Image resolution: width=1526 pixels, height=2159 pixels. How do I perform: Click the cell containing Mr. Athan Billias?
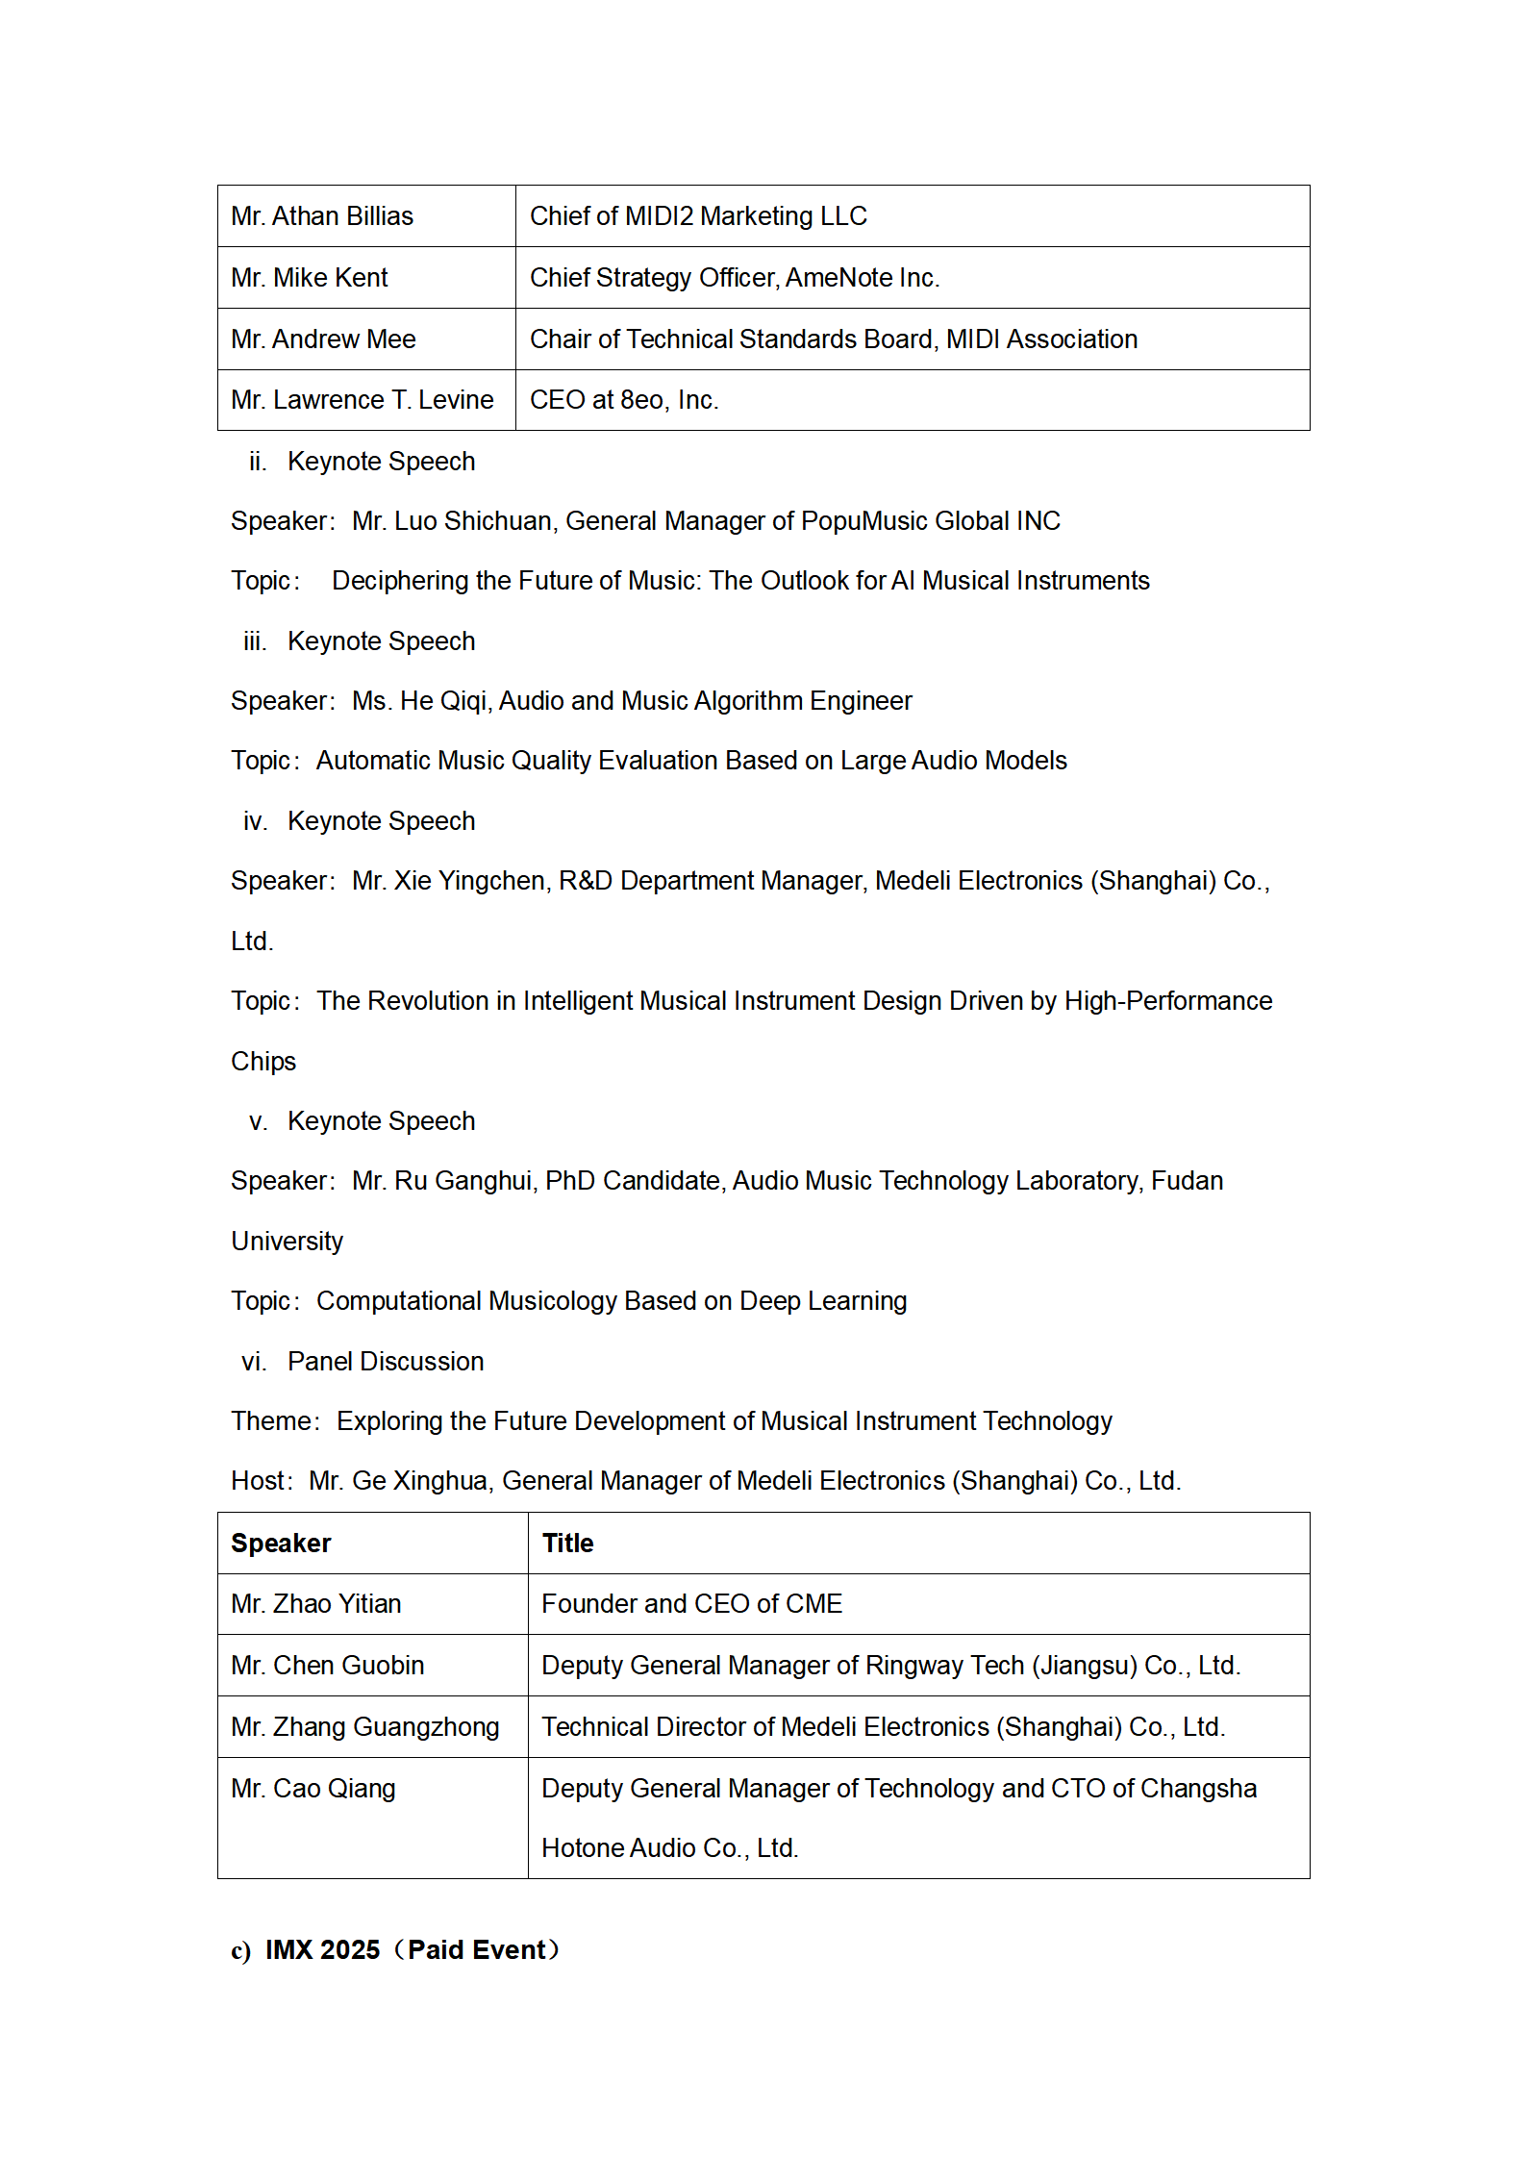pos(322,216)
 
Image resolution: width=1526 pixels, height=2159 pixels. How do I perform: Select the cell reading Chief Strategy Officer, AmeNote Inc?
pos(735,278)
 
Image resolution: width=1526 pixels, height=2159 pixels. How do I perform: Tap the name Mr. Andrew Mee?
pos(323,339)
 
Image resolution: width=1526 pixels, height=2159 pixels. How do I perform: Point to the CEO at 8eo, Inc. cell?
pos(624,400)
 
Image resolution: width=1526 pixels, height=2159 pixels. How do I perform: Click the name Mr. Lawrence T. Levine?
pos(363,400)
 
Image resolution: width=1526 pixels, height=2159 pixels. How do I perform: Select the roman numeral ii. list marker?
pos(257,463)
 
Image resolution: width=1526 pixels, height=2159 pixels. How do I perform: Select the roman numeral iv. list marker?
pos(255,821)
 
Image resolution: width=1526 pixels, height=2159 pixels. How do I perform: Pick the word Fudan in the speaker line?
pos(1187,1181)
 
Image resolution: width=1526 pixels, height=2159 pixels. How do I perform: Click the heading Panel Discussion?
pos(386,1362)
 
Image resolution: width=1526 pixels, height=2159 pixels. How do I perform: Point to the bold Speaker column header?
pos(281,1544)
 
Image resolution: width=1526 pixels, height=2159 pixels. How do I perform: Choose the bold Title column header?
pos(567,1544)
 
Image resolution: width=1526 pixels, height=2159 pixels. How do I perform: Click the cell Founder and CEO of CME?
pos(691,1604)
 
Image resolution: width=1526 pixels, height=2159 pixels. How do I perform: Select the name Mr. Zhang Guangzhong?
pos(365,1727)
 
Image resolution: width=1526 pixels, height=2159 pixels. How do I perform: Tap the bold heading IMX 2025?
pos(323,1950)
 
